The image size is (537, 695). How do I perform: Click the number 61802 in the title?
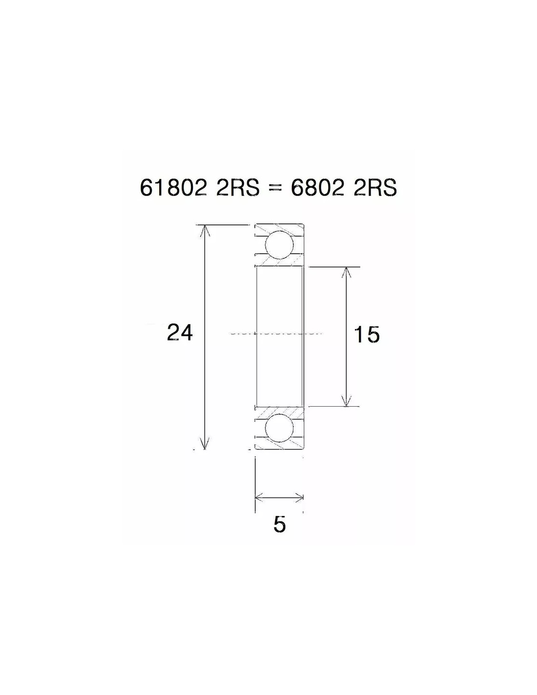(x=173, y=188)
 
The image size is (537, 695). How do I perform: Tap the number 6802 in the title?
(x=317, y=188)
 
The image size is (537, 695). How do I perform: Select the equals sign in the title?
(x=275, y=189)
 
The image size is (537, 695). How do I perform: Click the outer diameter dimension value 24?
(x=180, y=333)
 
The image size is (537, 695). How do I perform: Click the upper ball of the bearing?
(x=279, y=245)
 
